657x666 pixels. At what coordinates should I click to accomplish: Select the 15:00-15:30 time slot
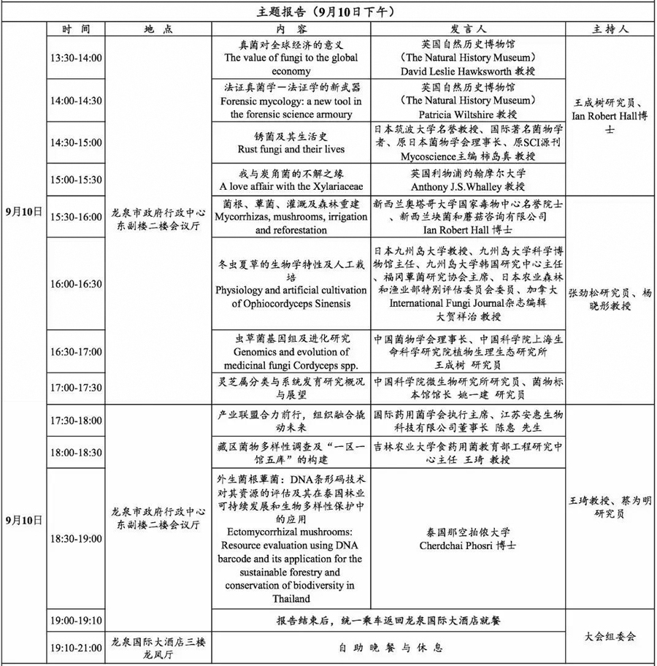tap(76, 179)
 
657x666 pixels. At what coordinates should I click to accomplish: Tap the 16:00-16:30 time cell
tap(76, 284)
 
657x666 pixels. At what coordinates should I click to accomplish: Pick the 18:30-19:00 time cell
tap(76, 538)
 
